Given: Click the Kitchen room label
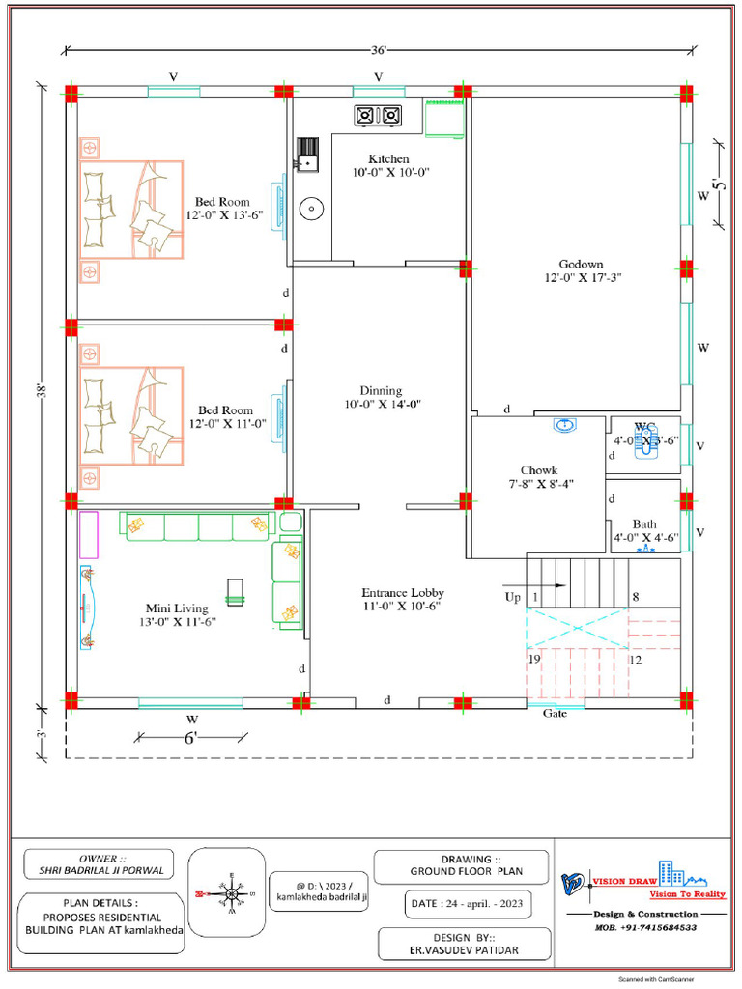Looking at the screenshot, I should click(x=388, y=158).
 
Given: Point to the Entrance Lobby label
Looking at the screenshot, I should click(x=403, y=593).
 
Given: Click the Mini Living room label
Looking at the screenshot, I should click(x=177, y=608).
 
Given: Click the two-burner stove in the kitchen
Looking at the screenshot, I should click(x=378, y=115).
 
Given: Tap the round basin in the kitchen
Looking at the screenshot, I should click(x=312, y=208).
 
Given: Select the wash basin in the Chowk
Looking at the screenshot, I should click(x=565, y=425).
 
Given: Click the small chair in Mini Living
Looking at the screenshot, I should click(x=236, y=590).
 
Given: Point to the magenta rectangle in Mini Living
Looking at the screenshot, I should click(x=89, y=535).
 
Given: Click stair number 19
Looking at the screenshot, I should click(x=533, y=660).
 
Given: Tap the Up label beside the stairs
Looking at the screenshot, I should click(x=513, y=598).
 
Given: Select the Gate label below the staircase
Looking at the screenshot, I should click(x=555, y=714).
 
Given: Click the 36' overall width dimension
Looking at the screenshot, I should click(x=379, y=49).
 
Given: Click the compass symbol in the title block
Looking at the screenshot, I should click(x=232, y=893).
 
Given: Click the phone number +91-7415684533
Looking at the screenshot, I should click(x=645, y=927).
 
